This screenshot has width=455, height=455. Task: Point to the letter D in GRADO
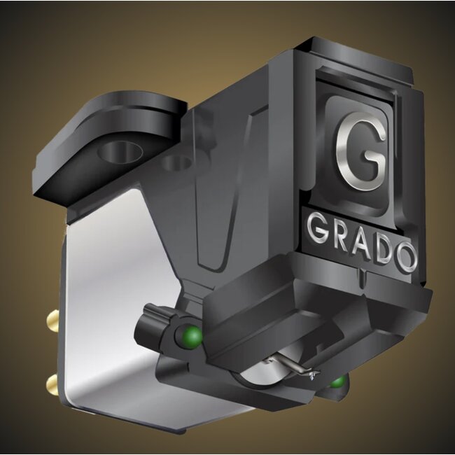[382, 250]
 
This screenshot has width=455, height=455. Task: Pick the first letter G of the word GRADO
[316, 228]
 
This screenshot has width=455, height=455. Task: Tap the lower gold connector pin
[52, 384]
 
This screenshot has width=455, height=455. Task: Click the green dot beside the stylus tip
[338, 381]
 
